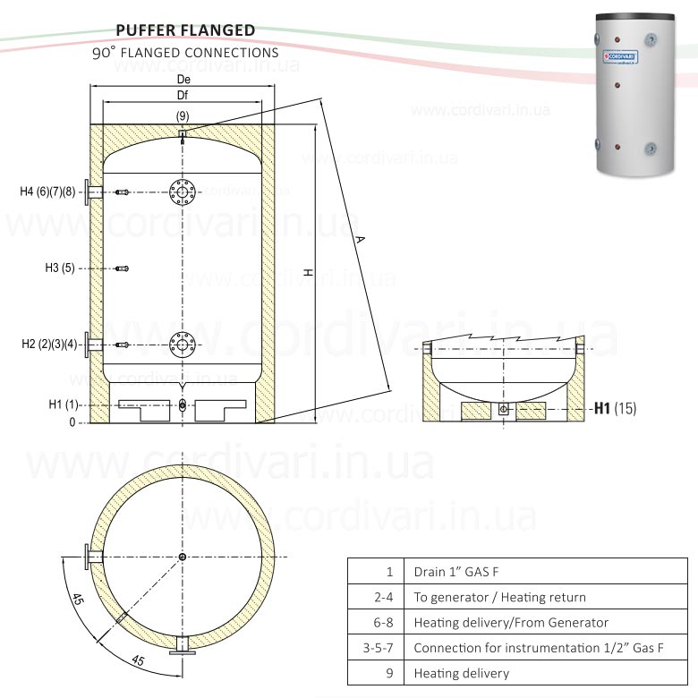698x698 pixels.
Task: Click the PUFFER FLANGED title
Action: tap(185, 30)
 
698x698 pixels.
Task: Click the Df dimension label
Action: tap(183, 95)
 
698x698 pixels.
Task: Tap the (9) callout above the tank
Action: tap(183, 116)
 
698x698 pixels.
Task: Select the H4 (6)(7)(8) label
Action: tap(48, 192)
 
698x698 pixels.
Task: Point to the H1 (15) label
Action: tap(615, 409)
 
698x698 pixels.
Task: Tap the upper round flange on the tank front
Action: tap(182, 192)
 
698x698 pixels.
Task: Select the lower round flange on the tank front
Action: tap(182, 345)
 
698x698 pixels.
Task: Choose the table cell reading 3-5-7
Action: tap(378, 648)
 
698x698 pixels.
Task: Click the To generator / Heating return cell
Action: tap(500, 597)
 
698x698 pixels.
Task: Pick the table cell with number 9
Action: tap(389, 673)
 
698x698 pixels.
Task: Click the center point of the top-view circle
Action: tap(183, 558)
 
